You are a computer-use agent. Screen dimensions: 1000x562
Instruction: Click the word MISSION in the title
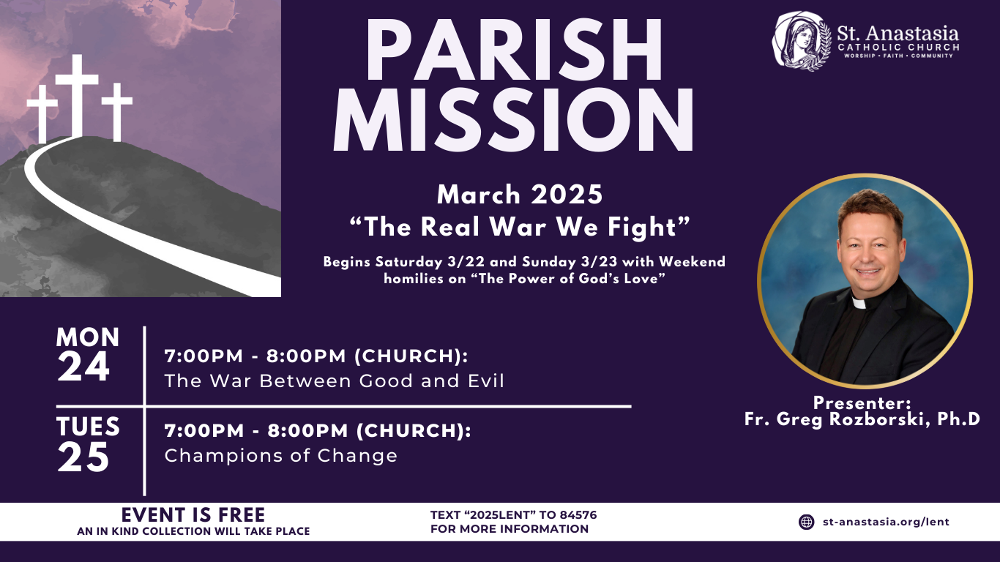513,119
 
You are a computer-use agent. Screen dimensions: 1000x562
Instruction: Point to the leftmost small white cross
42,114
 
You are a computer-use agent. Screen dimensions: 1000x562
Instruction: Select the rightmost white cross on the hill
117,113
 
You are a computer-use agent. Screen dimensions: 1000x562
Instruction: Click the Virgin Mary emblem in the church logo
802,42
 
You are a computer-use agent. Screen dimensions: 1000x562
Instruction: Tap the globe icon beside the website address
806,522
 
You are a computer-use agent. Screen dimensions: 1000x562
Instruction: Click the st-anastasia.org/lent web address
886,522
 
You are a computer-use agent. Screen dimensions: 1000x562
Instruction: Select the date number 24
83,367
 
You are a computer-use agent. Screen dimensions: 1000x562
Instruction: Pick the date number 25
83,457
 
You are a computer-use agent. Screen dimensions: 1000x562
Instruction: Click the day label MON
88,337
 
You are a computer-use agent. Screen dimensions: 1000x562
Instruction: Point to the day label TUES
88,427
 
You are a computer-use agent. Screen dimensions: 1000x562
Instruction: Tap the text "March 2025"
520,195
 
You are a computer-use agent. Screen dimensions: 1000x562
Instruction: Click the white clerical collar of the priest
859,303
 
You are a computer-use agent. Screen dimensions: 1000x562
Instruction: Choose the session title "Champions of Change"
281,456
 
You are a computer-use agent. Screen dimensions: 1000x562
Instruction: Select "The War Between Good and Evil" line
335,381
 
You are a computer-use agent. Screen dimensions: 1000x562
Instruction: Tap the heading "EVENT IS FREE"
193,515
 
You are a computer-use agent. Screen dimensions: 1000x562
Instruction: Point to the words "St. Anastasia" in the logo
898,34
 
